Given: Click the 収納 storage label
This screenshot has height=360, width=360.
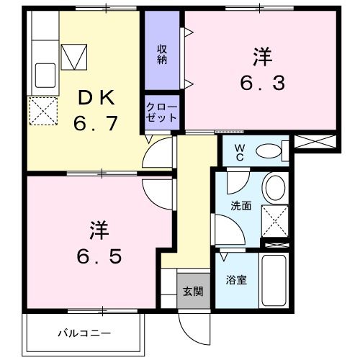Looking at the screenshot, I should [163, 55].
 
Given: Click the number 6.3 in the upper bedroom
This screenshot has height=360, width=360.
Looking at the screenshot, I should [262, 82].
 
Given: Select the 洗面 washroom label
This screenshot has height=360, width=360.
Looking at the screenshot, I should [240, 205].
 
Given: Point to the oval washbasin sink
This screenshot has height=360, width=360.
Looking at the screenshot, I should [274, 189].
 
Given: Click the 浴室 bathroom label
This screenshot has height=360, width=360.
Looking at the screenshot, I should [237, 279].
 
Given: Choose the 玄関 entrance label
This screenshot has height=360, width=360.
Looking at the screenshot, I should [192, 291].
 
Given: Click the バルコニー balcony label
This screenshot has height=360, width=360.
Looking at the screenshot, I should [84, 333].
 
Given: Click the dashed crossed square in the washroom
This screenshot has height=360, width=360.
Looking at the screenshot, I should [274, 220].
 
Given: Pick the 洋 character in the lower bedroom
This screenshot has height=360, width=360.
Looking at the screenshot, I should [99, 230].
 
